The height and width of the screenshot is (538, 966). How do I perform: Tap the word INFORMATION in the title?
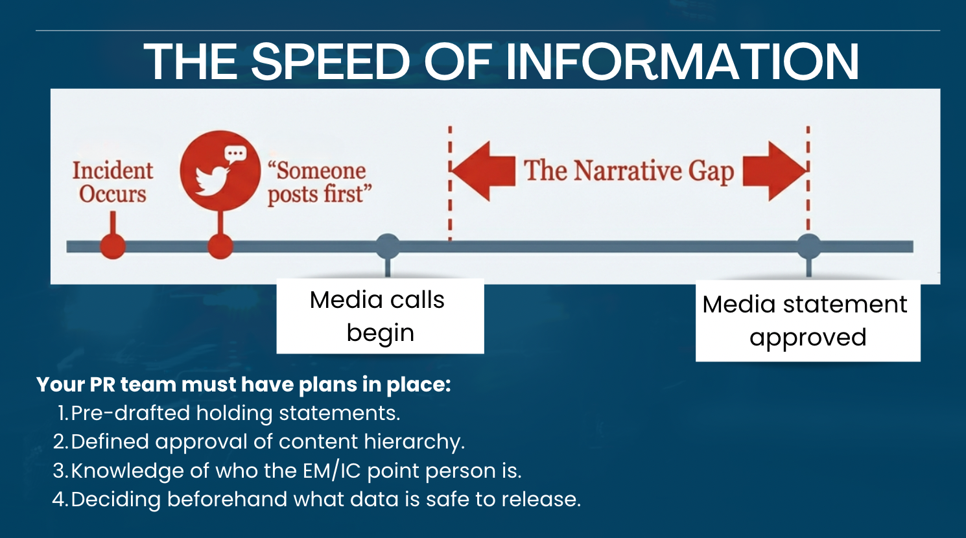tap(682, 62)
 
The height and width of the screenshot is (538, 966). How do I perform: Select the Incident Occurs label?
tap(112, 182)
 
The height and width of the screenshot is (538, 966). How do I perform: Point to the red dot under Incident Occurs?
tap(113, 246)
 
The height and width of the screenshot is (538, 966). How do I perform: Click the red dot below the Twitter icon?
tap(220, 246)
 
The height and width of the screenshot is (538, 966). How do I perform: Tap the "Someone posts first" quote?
tap(318, 182)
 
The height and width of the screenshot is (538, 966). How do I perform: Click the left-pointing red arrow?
tap(483, 170)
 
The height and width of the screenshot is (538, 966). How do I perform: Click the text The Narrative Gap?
tap(628, 170)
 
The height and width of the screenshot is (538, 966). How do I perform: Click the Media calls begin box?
tap(380, 316)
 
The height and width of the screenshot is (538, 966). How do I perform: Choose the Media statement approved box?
tap(807, 321)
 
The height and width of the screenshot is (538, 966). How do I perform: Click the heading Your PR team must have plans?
tap(243, 384)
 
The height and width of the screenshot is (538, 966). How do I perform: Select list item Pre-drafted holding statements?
tap(235, 413)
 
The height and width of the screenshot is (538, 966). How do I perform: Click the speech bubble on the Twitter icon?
tap(235, 154)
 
